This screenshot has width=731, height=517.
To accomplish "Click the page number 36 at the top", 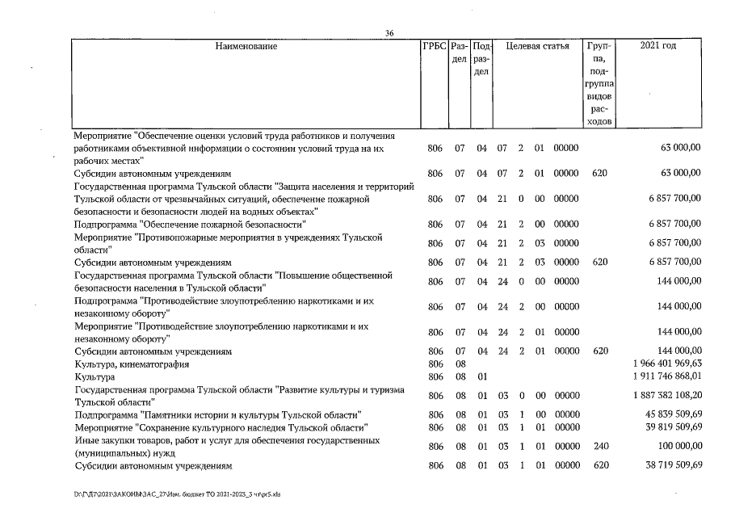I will [x=389, y=32].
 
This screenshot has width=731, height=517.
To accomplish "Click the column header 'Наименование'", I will [x=246, y=46].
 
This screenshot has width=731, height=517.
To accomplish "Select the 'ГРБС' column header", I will [x=435, y=46].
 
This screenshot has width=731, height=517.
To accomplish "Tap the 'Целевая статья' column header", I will [x=537, y=46].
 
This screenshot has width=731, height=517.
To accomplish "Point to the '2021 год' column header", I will [x=657, y=46].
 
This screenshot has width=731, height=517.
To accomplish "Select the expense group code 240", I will [x=599, y=445].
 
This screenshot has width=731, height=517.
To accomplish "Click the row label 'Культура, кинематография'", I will [x=125, y=364].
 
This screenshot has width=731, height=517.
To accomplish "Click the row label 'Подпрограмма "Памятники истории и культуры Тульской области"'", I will [x=216, y=414].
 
